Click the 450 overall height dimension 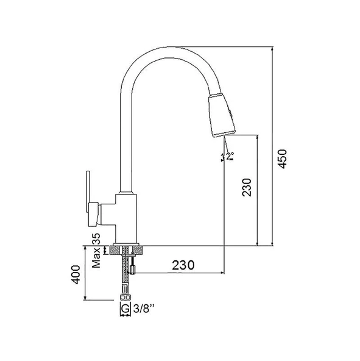coord(282,159)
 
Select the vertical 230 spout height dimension coord(247,187)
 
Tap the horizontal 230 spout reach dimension coord(183,265)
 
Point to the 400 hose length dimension coord(76,274)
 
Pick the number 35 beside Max coord(96,239)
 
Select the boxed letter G coord(125,309)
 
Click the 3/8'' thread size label coord(144,309)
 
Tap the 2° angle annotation coord(230,156)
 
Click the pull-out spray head coord(222,116)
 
